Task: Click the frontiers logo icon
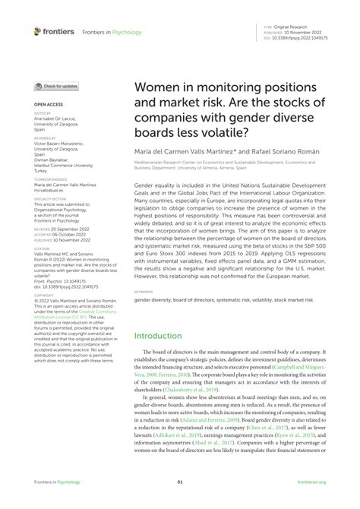(38, 32)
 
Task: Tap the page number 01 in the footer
(180, 482)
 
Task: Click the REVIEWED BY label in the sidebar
(46, 139)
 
